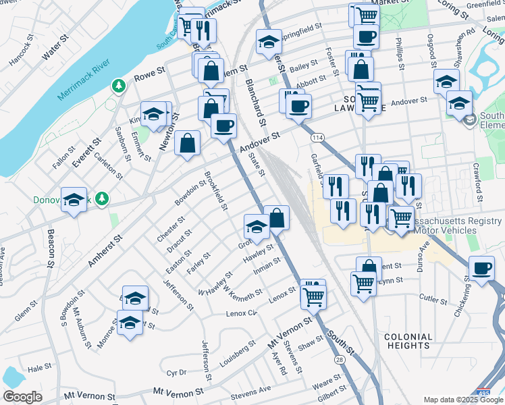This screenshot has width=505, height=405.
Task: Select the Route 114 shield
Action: (x=317, y=138)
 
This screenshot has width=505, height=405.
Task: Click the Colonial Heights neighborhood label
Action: (x=408, y=341)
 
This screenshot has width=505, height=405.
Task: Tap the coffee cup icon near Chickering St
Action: (x=481, y=269)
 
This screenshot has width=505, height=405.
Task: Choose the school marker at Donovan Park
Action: (x=74, y=200)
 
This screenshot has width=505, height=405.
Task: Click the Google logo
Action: (x=22, y=397)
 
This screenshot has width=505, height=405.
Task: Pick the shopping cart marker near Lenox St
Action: (x=314, y=295)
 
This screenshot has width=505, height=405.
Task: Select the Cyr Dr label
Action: (x=176, y=373)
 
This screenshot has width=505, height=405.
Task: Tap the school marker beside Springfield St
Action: (x=269, y=43)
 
